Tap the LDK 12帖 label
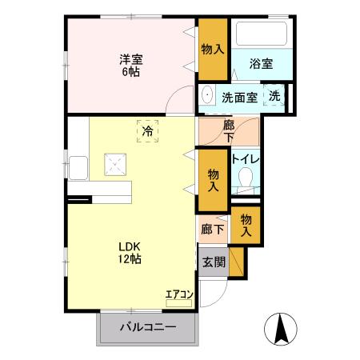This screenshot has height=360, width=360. tap(130, 253)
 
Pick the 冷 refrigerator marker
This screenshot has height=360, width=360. tap(147, 130)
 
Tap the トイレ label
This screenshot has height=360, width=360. tap(245, 158)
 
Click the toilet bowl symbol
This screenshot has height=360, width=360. tap(246, 178)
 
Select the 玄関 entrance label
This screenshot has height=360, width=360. tap(213, 262)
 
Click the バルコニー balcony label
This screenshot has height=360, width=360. tap(148, 327)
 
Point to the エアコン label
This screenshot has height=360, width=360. tap(179, 294)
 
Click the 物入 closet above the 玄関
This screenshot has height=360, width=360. tap(246, 224)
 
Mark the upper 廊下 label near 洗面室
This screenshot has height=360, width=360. tap(229, 130)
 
